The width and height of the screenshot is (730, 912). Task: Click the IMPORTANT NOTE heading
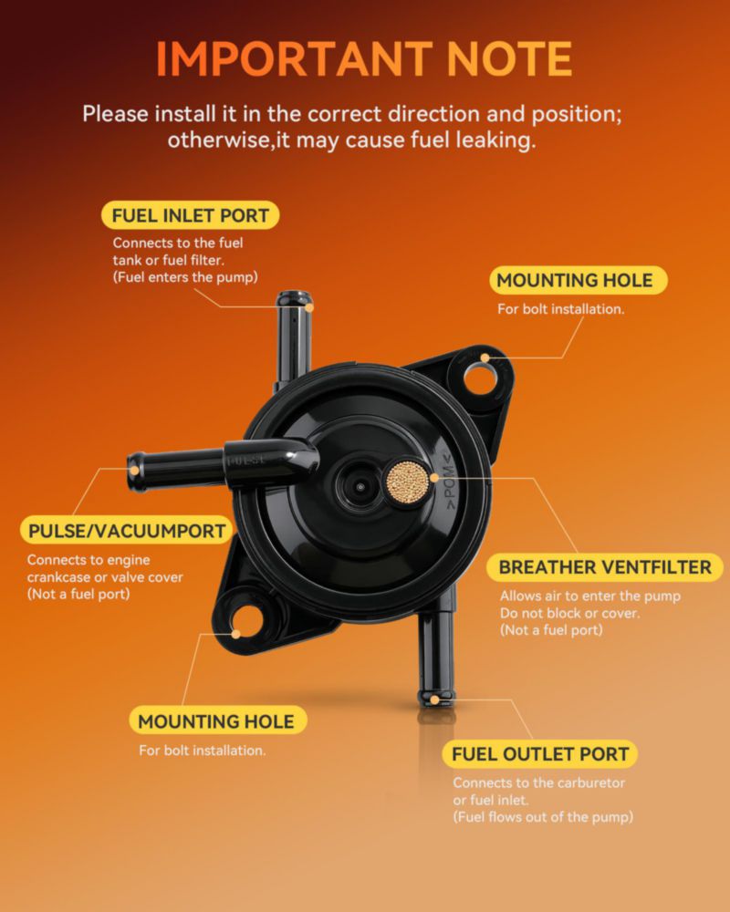pos(364,58)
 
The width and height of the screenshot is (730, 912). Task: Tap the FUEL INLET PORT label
pos(190,215)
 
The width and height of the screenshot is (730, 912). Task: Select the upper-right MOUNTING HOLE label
pos(575,280)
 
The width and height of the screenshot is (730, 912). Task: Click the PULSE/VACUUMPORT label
pos(127,531)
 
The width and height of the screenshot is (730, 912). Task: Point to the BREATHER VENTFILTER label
pos(605,567)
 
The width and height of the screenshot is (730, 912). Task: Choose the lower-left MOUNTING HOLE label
pos(216,721)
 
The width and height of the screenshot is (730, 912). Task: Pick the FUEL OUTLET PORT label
pos(540,754)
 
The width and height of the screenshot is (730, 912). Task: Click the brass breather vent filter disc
pos(408,481)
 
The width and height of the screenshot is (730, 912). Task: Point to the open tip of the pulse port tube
pos(135,472)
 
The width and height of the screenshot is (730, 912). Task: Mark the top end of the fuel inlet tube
pos(295,299)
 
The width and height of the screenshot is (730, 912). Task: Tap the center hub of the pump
pos(360,486)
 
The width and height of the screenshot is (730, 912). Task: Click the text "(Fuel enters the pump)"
pos(185,277)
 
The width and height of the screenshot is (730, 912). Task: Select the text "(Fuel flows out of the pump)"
pos(543,816)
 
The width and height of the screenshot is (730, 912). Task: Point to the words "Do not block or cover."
pos(569,613)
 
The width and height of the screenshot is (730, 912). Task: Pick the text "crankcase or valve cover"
pos(105,577)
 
